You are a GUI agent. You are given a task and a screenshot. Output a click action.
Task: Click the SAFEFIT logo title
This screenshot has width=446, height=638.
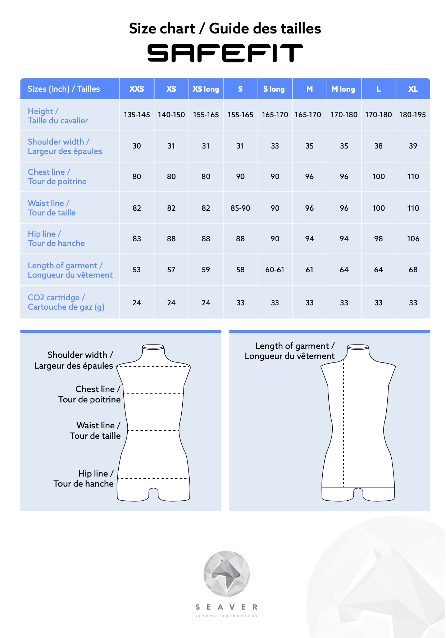[x=225, y=53]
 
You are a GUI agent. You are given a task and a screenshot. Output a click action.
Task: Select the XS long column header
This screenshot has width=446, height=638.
[x=206, y=89]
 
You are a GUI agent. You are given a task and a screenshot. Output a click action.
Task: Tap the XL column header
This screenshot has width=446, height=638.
[x=413, y=89]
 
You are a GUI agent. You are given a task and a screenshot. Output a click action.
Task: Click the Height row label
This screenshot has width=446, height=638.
[x=58, y=116]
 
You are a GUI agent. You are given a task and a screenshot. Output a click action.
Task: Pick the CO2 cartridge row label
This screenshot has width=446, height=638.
[x=66, y=302]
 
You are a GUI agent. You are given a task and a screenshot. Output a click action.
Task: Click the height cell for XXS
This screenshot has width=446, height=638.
[x=137, y=115]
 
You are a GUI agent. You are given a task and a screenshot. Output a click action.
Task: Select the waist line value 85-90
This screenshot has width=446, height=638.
[x=240, y=208]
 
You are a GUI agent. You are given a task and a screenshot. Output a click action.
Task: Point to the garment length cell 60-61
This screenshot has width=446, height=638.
[x=275, y=270]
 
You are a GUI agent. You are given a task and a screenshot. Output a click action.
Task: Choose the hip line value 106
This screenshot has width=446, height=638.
[x=413, y=239]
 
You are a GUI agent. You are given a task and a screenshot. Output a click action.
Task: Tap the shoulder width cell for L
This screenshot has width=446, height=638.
[x=378, y=146]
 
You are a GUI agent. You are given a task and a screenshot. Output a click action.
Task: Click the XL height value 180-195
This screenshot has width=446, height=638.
[x=412, y=115]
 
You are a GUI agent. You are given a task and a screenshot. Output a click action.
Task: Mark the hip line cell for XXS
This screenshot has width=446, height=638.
[x=137, y=239]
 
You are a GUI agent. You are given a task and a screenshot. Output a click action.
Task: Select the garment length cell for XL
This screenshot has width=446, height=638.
[x=413, y=270]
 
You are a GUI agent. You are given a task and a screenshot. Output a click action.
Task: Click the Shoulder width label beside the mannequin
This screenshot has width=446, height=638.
[x=74, y=360]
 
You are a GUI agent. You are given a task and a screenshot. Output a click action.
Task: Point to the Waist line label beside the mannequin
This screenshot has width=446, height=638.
[x=95, y=430]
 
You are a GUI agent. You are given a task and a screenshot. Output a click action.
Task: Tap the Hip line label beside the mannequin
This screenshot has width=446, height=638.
[x=83, y=479]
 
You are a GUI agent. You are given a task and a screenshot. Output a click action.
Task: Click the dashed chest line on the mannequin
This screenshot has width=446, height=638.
[x=154, y=394]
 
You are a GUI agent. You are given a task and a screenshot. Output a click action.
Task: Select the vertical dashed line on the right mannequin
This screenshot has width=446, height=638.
[x=343, y=424]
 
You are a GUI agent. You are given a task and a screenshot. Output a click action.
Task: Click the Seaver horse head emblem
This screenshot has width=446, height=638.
[x=227, y=573]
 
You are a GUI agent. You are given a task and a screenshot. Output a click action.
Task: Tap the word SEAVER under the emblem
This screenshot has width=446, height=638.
[x=227, y=607]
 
